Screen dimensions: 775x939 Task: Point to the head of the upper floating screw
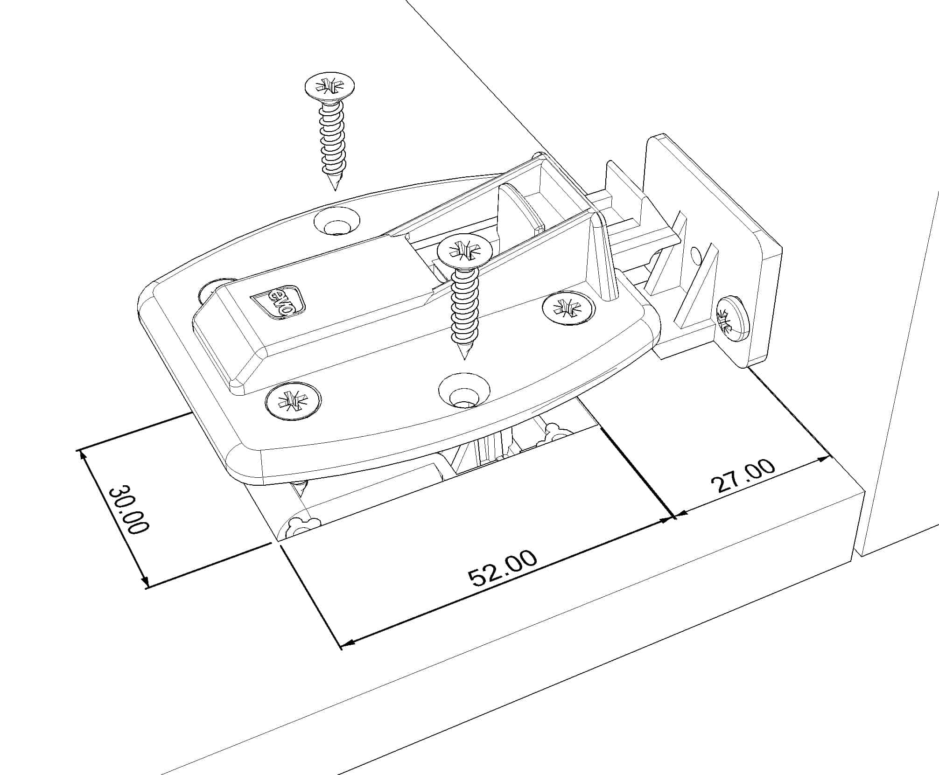pos(329,87)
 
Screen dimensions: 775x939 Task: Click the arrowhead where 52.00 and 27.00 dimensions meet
pos(674,517)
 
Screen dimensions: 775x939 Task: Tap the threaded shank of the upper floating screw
pos(333,140)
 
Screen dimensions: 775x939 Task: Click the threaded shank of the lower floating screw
pos(463,308)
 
